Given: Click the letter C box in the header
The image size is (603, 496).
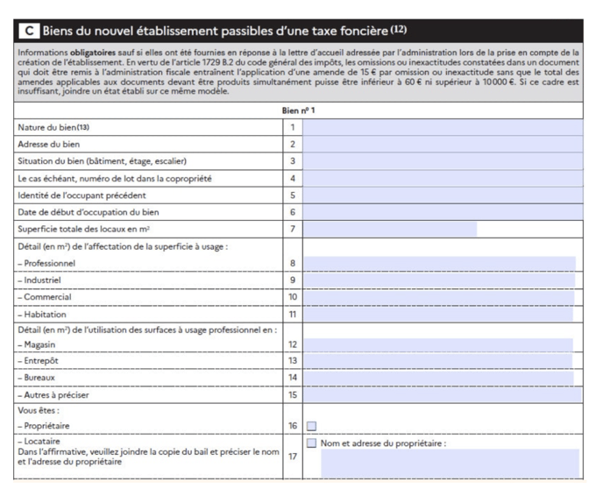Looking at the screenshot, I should [x=29, y=32].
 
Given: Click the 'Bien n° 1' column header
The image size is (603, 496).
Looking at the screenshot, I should [x=299, y=110].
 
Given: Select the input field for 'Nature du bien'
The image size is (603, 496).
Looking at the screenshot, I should [x=443, y=127].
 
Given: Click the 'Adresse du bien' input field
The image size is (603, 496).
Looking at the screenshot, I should [x=443, y=144].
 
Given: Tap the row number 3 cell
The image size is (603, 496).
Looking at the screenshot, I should [x=293, y=161].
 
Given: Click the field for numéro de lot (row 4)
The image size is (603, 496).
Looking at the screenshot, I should [x=443, y=179].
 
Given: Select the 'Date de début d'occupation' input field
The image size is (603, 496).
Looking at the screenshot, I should [x=443, y=212].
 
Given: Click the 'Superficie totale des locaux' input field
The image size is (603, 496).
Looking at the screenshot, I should [x=390, y=230].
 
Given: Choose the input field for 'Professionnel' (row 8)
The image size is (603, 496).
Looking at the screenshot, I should [x=439, y=263].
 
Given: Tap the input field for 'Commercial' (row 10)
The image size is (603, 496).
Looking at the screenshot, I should [x=439, y=297].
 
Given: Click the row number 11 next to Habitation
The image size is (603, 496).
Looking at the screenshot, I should [x=293, y=314].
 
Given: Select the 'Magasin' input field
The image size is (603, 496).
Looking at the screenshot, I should [x=439, y=345].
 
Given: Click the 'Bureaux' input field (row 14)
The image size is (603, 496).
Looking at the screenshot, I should [x=439, y=379].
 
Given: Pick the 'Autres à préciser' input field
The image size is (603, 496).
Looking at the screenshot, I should [x=439, y=395].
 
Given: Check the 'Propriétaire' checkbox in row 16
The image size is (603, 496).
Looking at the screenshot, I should [x=311, y=427].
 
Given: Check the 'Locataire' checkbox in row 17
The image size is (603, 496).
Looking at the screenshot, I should [x=311, y=443].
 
